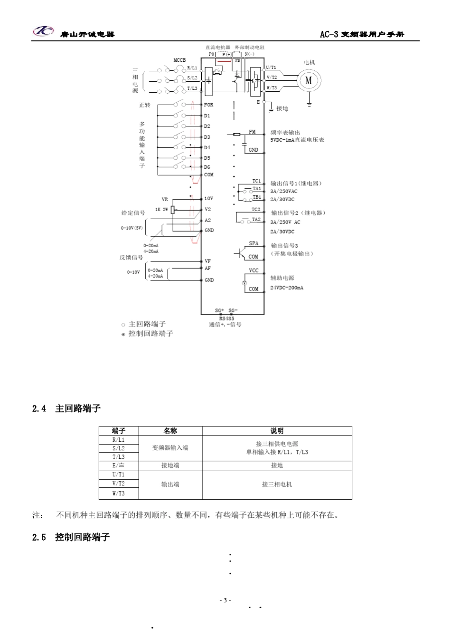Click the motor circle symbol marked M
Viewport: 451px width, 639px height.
(x=309, y=80)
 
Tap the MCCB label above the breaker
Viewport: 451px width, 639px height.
(x=179, y=60)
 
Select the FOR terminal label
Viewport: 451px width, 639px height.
(x=209, y=105)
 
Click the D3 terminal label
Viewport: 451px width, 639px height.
(x=207, y=137)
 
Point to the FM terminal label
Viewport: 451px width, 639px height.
(x=252, y=132)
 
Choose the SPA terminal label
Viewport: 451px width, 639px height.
(x=254, y=243)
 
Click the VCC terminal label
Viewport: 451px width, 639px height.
(x=254, y=271)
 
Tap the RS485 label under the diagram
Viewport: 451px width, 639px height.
(x=226, y=319)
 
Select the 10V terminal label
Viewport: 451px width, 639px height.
(x=208, y=198)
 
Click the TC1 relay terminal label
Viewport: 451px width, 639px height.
(x=256, y=181)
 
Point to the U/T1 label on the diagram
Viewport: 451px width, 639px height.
(x=271, y=68)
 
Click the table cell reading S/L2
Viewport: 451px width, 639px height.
(x=119, y=448)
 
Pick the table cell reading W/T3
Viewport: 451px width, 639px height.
(x=119, y=494)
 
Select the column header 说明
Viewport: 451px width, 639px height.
(x=277, y=431)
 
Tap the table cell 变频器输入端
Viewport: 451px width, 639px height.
(x=170, y=448)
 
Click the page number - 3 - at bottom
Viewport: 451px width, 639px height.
(x=225, y=600)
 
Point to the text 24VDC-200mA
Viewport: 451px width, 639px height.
(x=287, y=288)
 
